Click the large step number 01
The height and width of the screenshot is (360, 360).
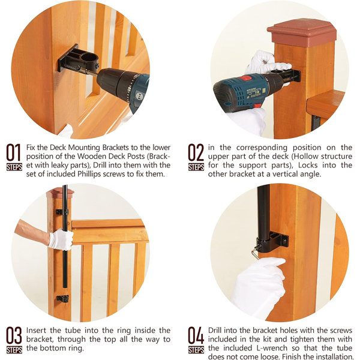coord(14,152)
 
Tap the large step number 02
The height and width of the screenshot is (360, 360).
coord(196,152)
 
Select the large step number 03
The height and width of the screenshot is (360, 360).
coord(14,335)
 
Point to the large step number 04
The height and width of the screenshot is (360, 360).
coord(196,335)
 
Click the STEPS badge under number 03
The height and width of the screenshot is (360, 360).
coord(14,350)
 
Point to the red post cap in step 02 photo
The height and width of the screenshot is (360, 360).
coord(302,32)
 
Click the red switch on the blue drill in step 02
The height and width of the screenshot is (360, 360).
coord(247,78)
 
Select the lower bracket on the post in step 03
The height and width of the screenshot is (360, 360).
coord(62,298)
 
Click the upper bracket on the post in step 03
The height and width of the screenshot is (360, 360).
coord(62,212)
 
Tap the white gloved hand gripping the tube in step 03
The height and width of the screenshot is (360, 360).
coord(61,239)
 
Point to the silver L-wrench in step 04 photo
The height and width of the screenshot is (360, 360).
coord(256,251)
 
